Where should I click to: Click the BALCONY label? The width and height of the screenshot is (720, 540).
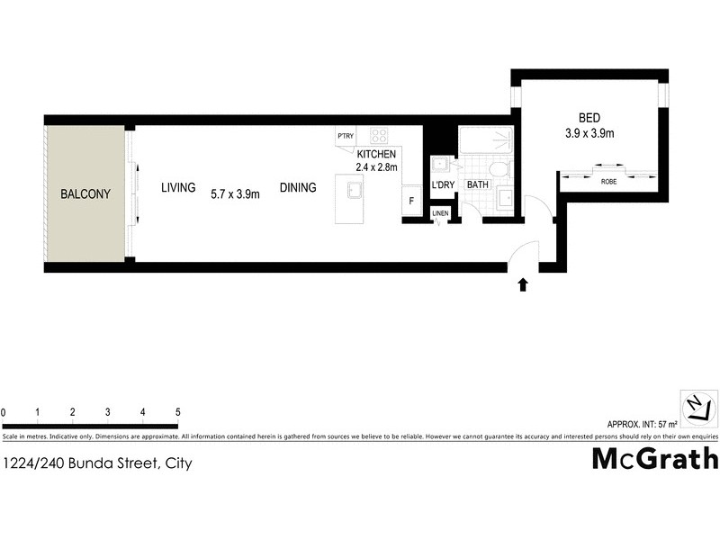[x=85, y=194]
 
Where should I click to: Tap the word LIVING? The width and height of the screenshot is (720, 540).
[x=178, y=188]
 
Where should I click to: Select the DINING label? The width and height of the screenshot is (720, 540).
[x=298, y=188]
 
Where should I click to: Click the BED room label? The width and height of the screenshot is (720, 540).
[x=589, y=118]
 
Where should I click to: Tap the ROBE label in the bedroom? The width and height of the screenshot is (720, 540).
[x=608, y=182]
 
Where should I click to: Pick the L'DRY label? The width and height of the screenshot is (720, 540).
[x=443, y=186]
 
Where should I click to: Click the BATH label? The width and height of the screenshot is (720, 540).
[x=478, y=186]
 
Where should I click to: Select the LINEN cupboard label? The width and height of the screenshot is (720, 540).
[x=439, y=213]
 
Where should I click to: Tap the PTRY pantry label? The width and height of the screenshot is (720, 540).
[x=345, y=137]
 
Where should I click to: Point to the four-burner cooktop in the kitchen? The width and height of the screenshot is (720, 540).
[x=380, y=137]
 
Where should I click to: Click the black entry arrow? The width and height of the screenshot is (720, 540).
[x=523, y=286]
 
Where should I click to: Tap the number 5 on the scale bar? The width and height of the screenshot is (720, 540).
[x=178, y=412]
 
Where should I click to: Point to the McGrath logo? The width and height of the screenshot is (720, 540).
[x=654, y=459]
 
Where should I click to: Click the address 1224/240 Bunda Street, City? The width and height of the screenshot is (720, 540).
[x=97, y=464]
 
